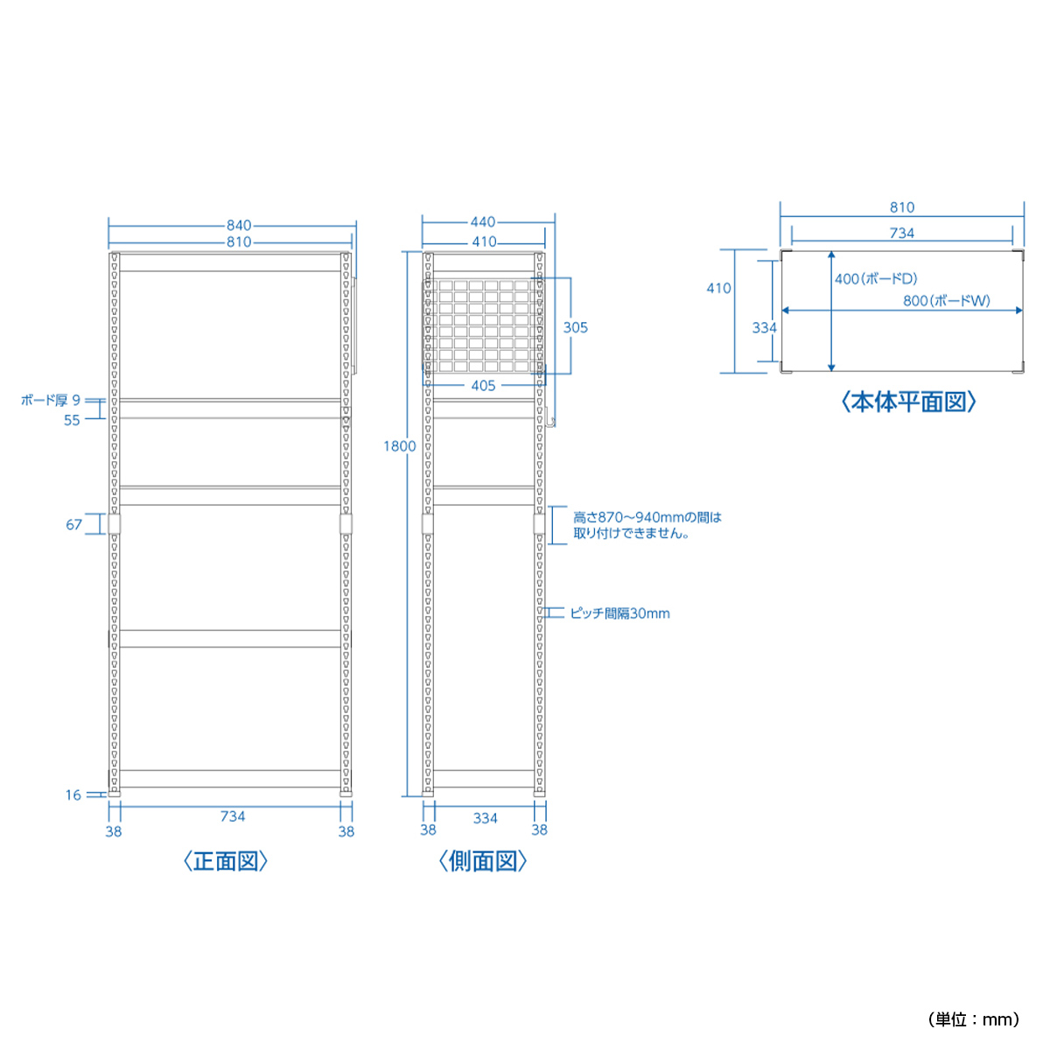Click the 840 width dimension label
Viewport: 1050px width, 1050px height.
[239, 225]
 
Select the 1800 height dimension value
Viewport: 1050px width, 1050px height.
[399, 446]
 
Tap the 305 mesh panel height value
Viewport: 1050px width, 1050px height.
[576, 327]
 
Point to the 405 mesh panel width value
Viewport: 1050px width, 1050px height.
[483, 386]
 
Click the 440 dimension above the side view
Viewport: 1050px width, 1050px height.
[483, 222]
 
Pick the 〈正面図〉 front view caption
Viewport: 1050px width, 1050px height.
[226, 862]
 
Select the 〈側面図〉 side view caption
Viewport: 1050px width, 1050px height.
[483, 862]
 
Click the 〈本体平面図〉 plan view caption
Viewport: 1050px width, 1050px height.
[908, 402]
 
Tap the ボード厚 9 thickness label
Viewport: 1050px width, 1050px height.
[51, 401]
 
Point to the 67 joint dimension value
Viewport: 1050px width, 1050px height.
[73, 525]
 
